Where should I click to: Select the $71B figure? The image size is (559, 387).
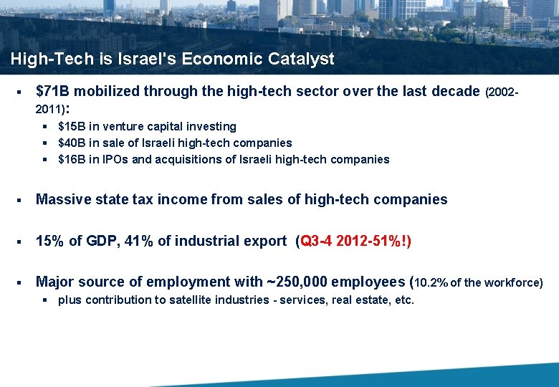click(x=53, y=91)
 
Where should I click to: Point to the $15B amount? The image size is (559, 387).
click(x=70, y=127)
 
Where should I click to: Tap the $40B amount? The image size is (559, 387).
click(x=70, y=143)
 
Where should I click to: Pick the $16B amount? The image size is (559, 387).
click(x=70, y=160)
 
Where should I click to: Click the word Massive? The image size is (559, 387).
click(x=64, y=200)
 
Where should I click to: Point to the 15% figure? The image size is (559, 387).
click(x=50, y=242)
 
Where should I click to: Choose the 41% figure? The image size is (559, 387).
click(x=139, y=242)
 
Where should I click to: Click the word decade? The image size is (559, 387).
click(x=455, y=91)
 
